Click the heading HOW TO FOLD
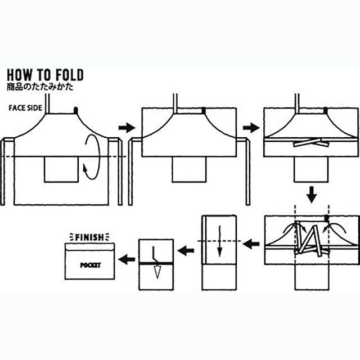(x=45, y=75)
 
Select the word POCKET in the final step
(x=90, y=265)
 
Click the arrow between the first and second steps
(x=128, y=128)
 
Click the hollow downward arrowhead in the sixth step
(x=156, y=273)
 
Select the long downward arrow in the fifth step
(x=220, y=242)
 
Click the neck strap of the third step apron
(x=296, y=101)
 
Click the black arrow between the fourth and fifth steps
(x=251, y=244)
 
